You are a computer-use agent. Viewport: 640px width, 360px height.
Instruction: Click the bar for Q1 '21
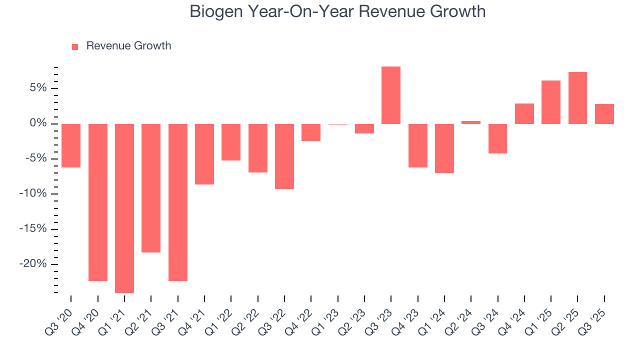point(124,208)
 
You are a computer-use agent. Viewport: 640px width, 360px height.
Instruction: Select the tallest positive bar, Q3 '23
point(391,95)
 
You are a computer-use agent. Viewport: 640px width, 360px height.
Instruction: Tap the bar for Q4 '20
point(98,202)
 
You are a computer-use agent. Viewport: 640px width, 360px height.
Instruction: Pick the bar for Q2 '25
point(577,98)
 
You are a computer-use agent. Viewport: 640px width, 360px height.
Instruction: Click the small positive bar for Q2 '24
point(471,122)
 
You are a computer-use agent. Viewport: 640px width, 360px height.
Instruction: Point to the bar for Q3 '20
point(71,145)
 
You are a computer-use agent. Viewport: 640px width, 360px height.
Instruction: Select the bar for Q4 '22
point(311,132)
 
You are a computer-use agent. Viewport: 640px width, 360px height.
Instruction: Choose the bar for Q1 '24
point(444,148)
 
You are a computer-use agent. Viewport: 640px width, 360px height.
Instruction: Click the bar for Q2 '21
point(151,188)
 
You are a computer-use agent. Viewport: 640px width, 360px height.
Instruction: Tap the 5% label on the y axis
point(37,88)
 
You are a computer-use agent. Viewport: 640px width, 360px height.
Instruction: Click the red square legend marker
point(75,46)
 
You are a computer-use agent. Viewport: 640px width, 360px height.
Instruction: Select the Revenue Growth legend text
point(128,46)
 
